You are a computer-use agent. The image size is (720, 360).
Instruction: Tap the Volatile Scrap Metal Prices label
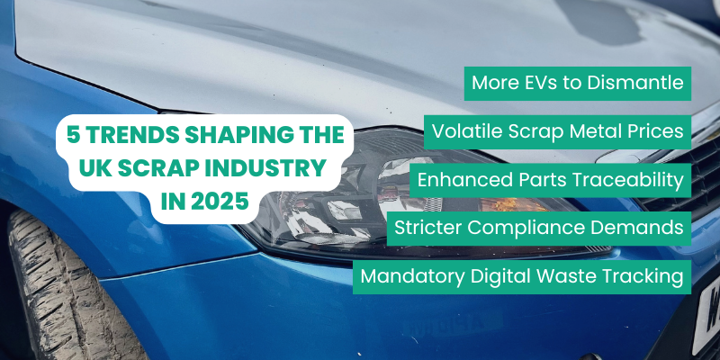(558, 132)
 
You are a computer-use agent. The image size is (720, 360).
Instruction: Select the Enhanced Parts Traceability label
(550, 180)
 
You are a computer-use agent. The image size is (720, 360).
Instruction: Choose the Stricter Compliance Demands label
(539, 228)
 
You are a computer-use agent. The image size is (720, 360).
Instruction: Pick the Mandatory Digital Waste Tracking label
(522, 275)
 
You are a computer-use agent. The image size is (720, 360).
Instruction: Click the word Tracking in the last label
(642, 275)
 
